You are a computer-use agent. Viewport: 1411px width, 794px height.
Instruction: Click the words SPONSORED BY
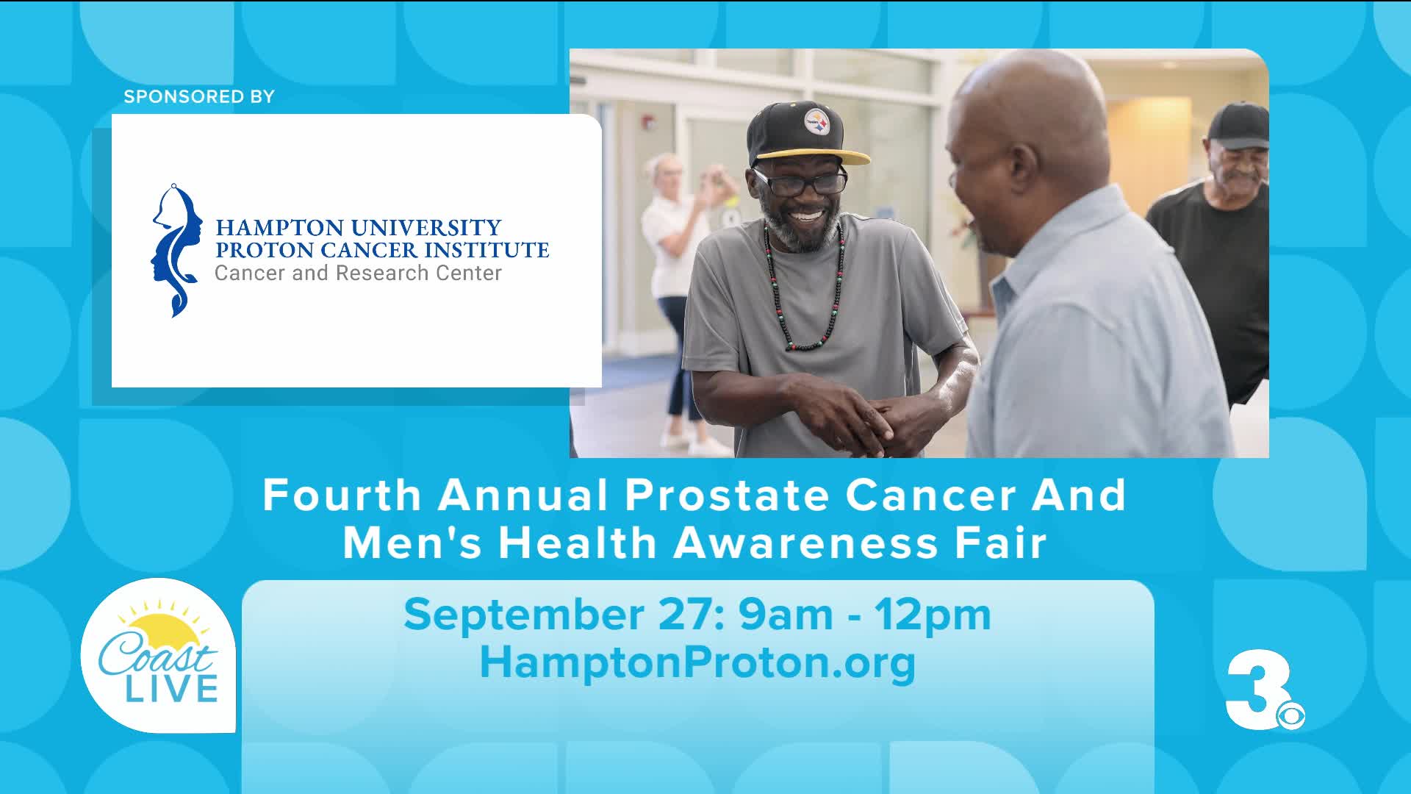click(198, 97)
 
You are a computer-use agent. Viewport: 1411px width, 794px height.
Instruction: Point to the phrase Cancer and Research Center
click(358, 273)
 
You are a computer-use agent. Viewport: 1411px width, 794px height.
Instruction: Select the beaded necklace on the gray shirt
click(804, 287)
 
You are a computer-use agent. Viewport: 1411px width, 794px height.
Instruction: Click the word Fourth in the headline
click(342, 495)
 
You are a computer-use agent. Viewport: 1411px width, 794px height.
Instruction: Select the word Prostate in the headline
click(728, 496)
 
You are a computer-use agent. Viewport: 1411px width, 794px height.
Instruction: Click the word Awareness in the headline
click(806, 543)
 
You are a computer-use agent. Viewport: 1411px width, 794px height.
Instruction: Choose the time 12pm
click(933, 616)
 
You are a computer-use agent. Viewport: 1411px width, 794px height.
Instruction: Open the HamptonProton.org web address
click(697, 663)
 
